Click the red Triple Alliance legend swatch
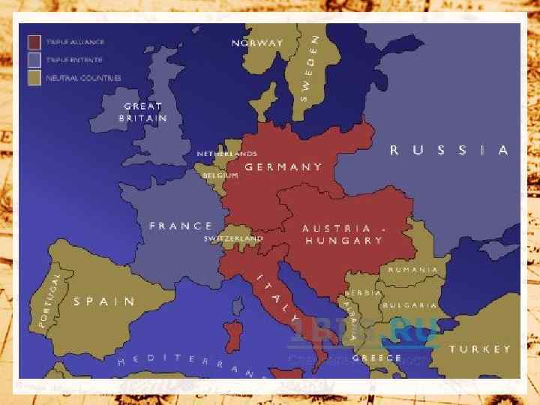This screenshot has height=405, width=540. click(34, 42)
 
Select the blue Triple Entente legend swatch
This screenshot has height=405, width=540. click(34, 59)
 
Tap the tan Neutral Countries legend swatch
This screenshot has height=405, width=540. click(34, 76)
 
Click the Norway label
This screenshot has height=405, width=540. click(257, 43)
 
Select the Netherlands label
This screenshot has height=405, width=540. click(226, 154)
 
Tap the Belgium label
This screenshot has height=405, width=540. click(220, 175)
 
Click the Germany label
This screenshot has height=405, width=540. click(283, 167)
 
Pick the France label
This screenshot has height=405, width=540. click(181, 226)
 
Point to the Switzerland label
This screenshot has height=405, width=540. click(233, 239)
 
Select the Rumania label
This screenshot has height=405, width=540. click(412, 269)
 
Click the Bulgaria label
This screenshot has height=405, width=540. click(409, 305)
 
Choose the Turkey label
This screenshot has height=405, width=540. click(479, 349)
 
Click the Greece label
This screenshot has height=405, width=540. click(376, 358)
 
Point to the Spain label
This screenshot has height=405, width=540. click(104, 301)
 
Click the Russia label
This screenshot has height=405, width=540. click(448, 150)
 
